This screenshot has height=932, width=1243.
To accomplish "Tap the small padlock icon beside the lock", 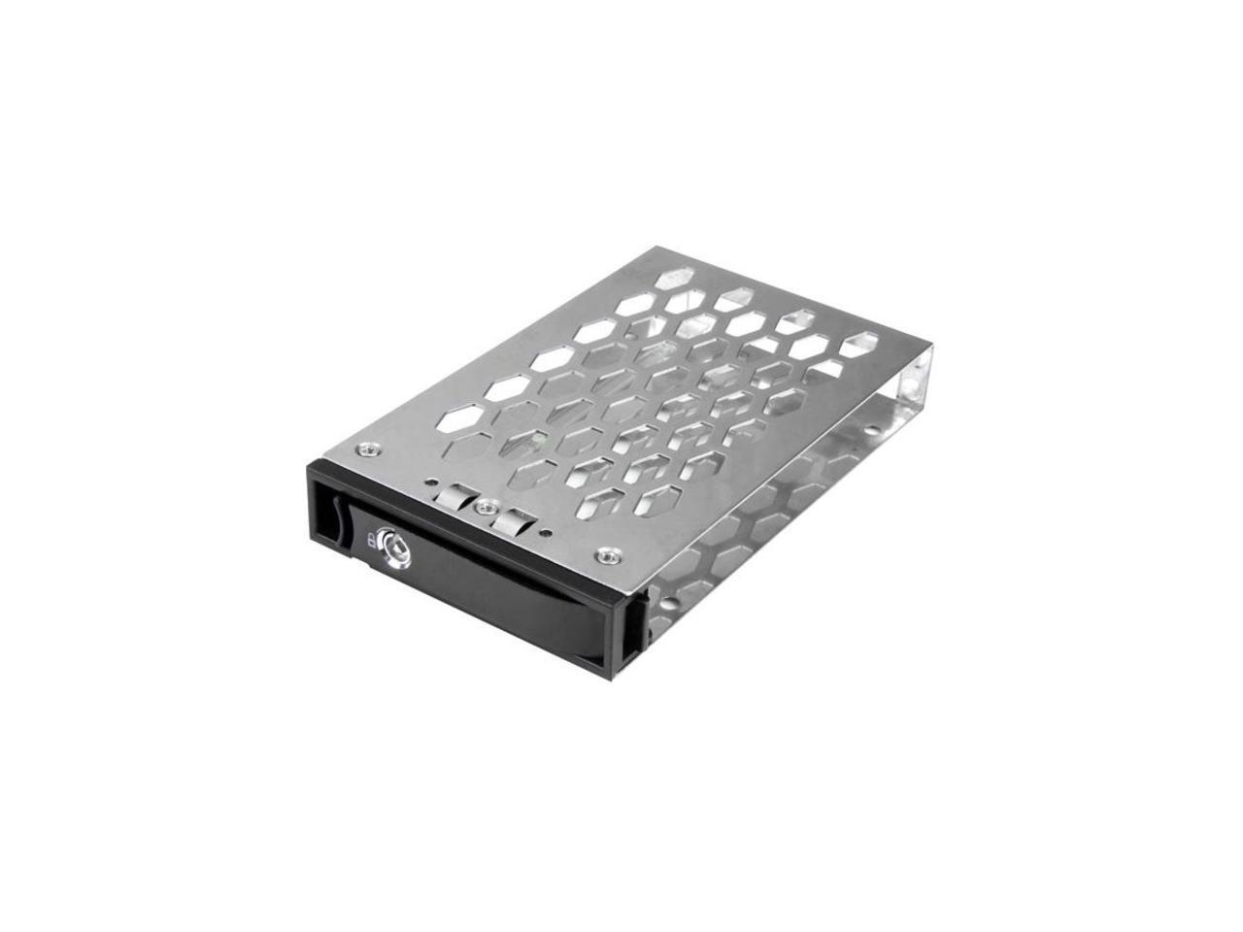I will pyautogui.click(x=373, y=540).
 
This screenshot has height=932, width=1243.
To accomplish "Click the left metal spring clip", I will pyautogui.click(x=450, y=497).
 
